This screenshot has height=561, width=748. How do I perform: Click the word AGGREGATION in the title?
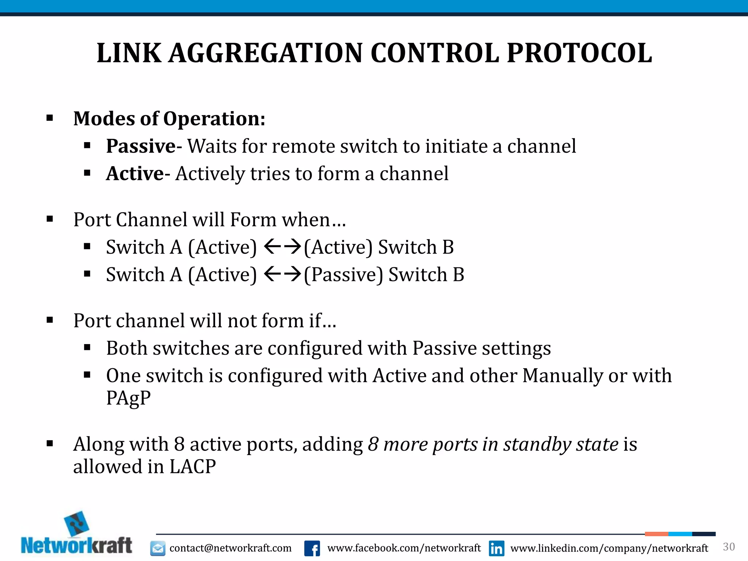[266, 53]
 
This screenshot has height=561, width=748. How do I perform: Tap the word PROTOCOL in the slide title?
[579, 53]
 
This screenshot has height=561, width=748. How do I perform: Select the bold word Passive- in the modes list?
[144, 146]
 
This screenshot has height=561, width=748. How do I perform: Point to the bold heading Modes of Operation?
[169, 119]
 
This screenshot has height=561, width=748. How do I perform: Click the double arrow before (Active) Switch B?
[282, 247]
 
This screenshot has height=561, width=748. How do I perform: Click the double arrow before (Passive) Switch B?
[282, 274]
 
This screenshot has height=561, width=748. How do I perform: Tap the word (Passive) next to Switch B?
[343, 275]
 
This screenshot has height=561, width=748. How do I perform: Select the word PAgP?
[128, 398]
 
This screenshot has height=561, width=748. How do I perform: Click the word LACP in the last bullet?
[192, 467]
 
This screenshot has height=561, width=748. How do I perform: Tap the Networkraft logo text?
[76, 546]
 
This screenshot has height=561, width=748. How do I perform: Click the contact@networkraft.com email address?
[230, 548]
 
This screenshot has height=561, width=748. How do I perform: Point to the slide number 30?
[729, 547]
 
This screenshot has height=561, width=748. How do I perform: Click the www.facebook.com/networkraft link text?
[404, 548]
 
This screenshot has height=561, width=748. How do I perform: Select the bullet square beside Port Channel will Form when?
[50, 219]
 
